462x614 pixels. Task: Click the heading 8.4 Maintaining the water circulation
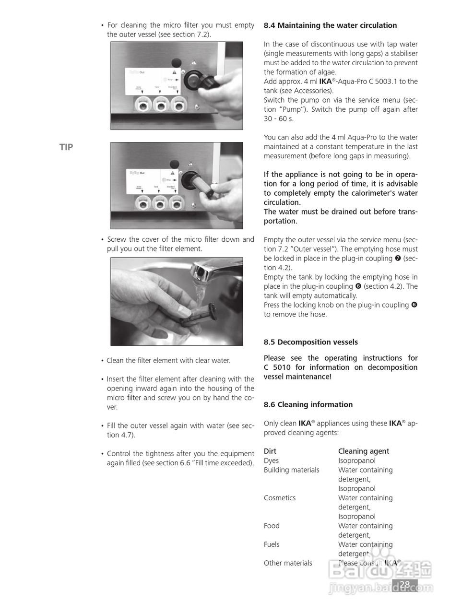pos(330,25)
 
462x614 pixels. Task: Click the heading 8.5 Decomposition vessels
pos(310,342)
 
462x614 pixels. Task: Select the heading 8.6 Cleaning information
pos(308,404)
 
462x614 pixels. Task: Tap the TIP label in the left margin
pos(66,147)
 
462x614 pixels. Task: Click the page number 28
pos(405,584)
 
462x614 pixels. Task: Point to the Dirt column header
pos(270,451)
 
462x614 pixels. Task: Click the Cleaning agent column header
pos(363,451)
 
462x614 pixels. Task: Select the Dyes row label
pos(271,460)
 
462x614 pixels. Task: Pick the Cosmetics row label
pos(280,498)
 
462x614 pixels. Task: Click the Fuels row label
pos(272,544)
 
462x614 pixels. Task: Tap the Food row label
pos(272,526)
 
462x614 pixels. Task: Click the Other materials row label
pos(288,563)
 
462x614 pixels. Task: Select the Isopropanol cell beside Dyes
pos(356,460)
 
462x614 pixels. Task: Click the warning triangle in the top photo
pos(193,62)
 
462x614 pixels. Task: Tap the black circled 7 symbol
pos(397,258)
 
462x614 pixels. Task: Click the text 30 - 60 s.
pos(277,118)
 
